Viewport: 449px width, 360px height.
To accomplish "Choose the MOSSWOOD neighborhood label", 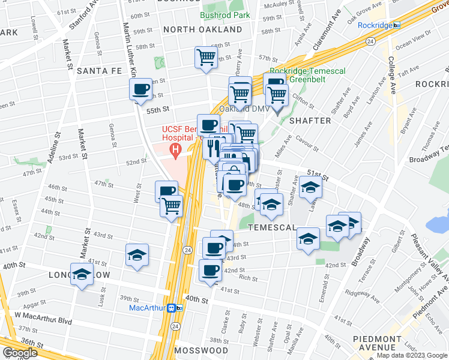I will (x=201, y=350).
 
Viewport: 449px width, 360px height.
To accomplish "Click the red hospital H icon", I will (x=175, y=149).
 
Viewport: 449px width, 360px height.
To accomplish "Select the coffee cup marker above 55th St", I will (x=140, y=90).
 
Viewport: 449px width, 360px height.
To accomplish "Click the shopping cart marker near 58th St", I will (x=205, y=58).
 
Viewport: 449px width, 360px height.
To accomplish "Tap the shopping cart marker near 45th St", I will (x=171, y=206).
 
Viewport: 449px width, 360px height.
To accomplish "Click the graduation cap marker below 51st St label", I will (x=310, y=188).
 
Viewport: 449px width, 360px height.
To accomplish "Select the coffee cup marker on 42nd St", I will (x=211, y=270).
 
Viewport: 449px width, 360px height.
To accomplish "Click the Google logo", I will (x=20, y=353).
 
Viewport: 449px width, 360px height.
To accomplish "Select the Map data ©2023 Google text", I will (x=411, y=355).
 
